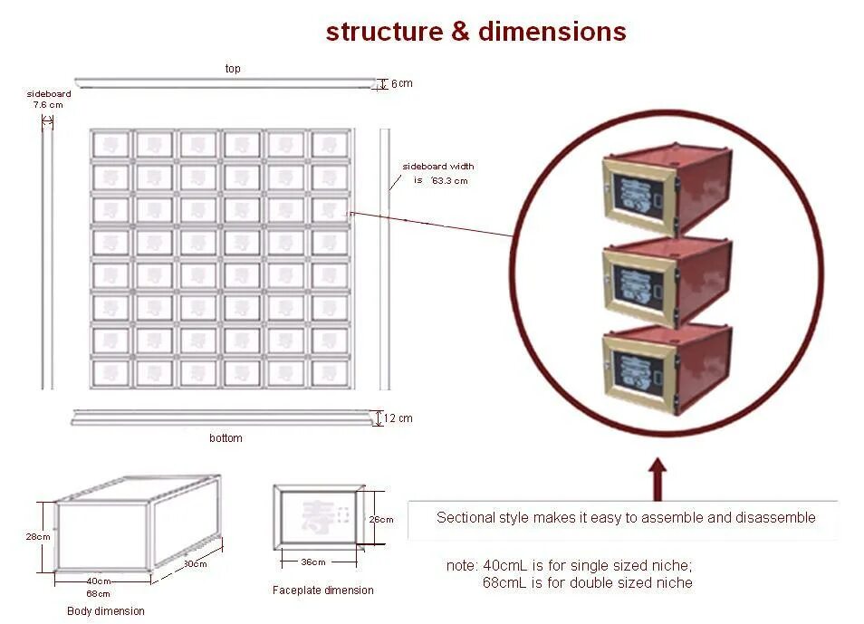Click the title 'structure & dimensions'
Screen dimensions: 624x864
click(475, 32)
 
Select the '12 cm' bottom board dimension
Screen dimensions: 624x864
click(398, 418)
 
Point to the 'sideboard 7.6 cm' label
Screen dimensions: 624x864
click(49, 99)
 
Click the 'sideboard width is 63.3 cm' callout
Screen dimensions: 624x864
click(438, 173)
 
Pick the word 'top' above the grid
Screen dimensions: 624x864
click(233, 69)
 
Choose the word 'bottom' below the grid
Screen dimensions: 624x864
click(226, 438)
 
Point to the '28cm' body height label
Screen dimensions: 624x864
click(37, 536)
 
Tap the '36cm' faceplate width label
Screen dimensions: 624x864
click(312, 562)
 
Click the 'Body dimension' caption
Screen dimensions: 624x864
click(106, 611)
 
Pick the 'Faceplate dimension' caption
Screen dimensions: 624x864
click(323, 590)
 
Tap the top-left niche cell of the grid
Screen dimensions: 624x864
click(111, 144)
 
